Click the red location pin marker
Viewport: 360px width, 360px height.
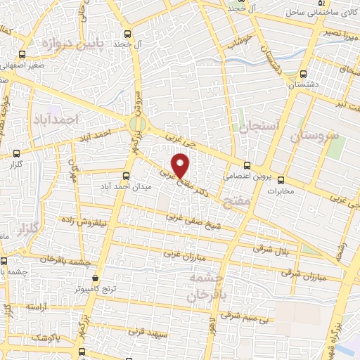tap(181, 165)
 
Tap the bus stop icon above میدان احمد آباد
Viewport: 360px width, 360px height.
tap(126, 175)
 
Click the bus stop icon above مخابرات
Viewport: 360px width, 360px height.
tap(281, 179)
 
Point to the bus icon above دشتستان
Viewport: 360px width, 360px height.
tap(302, 73)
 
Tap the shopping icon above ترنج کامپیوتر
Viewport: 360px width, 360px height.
tap(96, 278)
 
